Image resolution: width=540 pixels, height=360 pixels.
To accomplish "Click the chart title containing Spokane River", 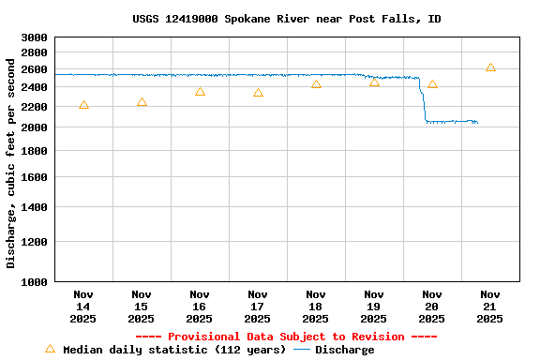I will click(287, 19).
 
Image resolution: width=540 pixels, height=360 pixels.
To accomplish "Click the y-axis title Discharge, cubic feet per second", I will click(11, 163).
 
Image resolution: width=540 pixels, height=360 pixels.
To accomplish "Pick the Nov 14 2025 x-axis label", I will click(83, 307).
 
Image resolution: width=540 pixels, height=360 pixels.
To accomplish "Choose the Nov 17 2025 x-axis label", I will click(258, 307).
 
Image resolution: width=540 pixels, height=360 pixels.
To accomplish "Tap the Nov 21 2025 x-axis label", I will click(490, 307).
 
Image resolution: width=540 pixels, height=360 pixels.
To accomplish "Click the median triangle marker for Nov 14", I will click(83, 105).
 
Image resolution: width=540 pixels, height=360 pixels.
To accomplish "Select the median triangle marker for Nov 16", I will click(200, 92).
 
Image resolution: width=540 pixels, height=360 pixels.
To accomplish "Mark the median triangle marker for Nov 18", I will click(316, 84).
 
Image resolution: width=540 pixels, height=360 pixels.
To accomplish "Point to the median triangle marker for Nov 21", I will click(490, 67).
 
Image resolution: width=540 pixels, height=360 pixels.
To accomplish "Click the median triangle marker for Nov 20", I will click(432, 84).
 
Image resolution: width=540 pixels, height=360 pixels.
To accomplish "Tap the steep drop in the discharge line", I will click(423, 103).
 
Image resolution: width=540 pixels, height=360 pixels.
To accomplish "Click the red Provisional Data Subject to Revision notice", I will click(286, 337).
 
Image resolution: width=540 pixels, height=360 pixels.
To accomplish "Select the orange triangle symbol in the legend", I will click(50, 349).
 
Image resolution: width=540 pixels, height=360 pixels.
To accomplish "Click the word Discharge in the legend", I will click(344, 350).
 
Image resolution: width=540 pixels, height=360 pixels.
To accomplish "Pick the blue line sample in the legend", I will click(302, 350).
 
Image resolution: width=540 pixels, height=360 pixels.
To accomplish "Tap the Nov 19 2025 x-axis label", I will click(374, 307).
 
